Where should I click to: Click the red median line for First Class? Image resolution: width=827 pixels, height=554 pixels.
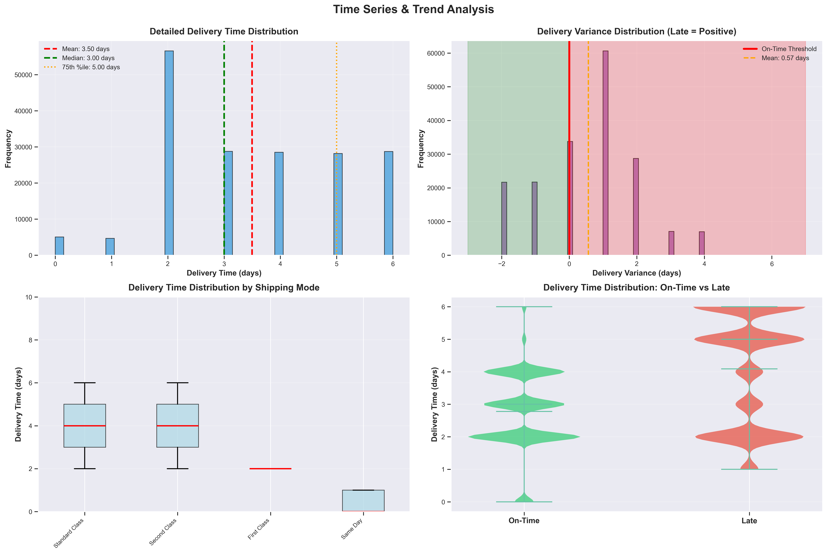pyautogui.click(x=270, y=469)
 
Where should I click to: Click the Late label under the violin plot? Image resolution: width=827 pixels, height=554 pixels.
pyautogui.click(x=749, y=521)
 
